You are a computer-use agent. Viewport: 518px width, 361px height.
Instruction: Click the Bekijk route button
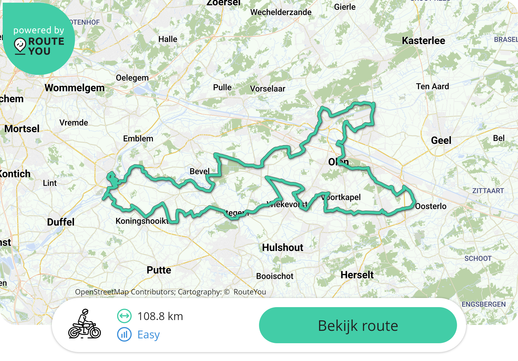pos(358,325)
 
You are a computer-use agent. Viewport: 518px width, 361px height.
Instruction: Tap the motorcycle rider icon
pos(84,324)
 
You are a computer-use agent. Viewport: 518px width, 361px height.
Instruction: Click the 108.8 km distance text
pos(160,316)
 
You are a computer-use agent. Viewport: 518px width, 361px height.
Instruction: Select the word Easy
pos(148,335)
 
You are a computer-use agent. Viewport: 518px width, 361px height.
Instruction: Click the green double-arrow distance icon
pos(124,316)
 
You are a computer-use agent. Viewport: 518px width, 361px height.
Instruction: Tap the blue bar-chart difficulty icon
pos(124,335)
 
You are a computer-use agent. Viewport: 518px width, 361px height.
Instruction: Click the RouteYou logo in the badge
pos(39,46)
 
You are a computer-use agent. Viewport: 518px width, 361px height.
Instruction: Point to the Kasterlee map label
pos(423,41)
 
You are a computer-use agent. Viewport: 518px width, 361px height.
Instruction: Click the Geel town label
pos(441,140)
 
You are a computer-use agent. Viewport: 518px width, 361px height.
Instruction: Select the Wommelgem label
pos(74,88)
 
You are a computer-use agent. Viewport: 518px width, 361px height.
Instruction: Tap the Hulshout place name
pos(282,247)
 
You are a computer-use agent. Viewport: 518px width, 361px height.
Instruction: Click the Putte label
pos(159,270)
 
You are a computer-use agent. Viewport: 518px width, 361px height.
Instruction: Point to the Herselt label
pos(357,275)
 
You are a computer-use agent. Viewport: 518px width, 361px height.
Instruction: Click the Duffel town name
pos(61,222)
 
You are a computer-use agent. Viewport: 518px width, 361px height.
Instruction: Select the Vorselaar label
pos(267,89)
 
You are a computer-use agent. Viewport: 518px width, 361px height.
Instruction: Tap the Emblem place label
pos(138,139)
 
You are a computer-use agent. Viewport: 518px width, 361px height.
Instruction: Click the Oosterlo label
pos(431,206)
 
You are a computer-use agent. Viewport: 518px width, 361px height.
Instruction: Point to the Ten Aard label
pos(432,86)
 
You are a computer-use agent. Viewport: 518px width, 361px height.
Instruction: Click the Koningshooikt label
pos(142,221)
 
